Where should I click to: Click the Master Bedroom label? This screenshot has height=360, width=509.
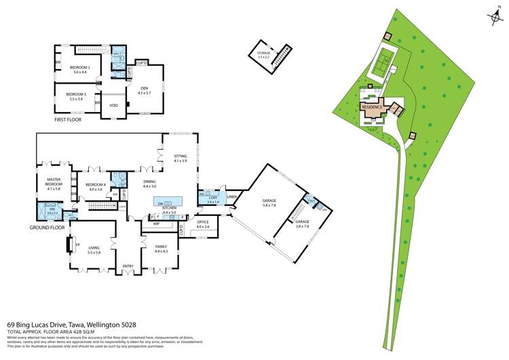coord(54,183)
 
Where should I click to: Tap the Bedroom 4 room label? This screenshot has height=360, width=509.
coord(96,185)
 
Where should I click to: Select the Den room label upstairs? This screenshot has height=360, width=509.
coord(144,88)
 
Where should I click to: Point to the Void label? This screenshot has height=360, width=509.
coord(113,105)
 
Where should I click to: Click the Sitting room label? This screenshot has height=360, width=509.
coord(180,156)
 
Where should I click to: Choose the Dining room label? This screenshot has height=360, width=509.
coord(150,181)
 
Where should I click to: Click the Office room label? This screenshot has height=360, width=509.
coord(202,222)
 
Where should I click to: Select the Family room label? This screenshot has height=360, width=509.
coord(162,247)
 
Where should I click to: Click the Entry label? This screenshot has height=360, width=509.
coord(128,266)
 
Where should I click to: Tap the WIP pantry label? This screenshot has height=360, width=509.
coord(156,223)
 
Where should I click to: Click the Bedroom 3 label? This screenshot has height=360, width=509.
coord(75,94)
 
